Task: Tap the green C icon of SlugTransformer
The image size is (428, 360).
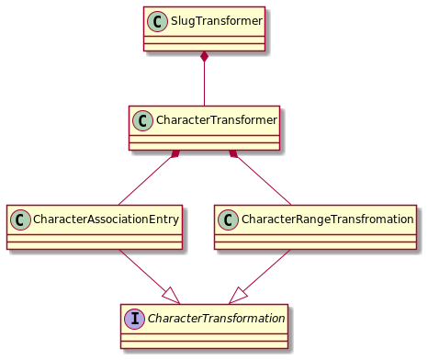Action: pos(158,20)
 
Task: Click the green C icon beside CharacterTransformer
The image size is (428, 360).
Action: pos(143,119)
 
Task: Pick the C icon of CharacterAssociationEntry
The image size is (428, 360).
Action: pos(21,219)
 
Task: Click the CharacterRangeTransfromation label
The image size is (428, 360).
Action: pos(327,219)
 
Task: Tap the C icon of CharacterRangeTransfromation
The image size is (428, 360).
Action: pos(229,219)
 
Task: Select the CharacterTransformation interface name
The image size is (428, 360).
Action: pos(214,319)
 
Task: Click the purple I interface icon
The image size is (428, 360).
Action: pos(134,319)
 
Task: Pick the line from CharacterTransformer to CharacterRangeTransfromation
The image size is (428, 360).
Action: pos(263,181)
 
